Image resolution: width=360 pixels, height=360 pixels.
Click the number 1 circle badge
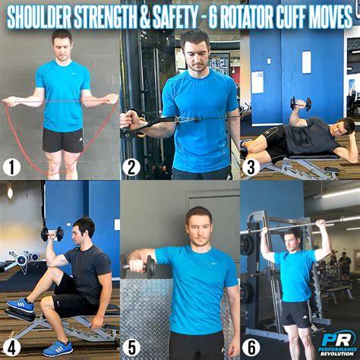(x=11, y=167)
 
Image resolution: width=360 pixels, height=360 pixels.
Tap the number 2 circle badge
(x=131, y=167)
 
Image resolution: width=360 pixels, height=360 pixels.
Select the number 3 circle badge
(x=251, y=167)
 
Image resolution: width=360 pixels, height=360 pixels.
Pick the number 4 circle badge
(x=11, y=348)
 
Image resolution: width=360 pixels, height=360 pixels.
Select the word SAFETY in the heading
(x=175, y=18)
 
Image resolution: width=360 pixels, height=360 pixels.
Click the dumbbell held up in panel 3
(x=301, y=103)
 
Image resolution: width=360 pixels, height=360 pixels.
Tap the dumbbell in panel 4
(x=52, y=234)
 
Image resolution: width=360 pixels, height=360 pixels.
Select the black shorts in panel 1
(x=63, y=140)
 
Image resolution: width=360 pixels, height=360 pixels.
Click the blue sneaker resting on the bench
(x=21, y=305)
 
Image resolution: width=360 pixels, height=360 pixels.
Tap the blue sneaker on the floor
(x=58, y=349)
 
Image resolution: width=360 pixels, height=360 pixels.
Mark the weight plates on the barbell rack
(x=247, y=245)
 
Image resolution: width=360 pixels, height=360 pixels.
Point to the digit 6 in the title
(x=213, y=18)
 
